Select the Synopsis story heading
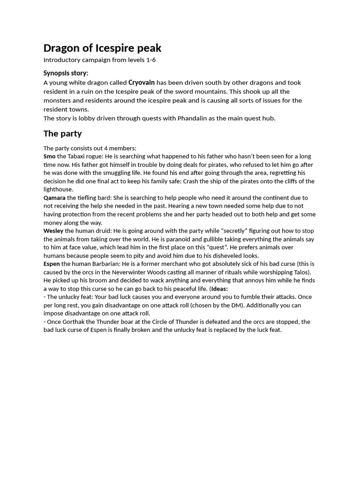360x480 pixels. click(x=66, y=73)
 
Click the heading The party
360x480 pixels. click(x=62, y=134)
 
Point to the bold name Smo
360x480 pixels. click(x=50, y=156)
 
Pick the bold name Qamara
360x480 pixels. click(x=54, y=198)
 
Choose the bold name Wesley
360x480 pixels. click(x=53, y=231)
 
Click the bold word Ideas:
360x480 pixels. click(x=219, y=289)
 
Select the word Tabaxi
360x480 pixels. click(x=77, y=156)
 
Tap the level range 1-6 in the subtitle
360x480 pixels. click(x=150, y=60)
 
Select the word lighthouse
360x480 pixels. click(x=59, y=189)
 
